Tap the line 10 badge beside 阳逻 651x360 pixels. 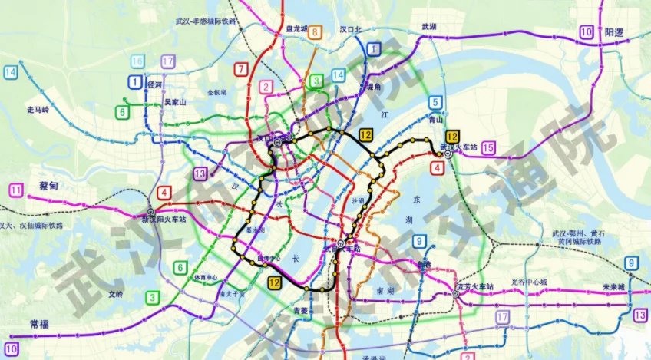587,32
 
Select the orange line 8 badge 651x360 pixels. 316,32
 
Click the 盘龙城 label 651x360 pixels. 292,29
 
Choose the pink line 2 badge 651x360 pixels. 266,87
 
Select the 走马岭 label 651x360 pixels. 38,110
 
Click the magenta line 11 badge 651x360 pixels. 16,190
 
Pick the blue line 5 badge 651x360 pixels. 435,102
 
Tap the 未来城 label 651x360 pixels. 613,286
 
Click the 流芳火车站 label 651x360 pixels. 476,286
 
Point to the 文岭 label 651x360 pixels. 115,294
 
